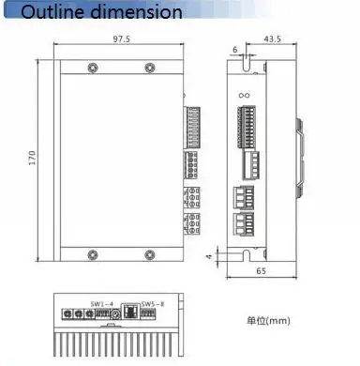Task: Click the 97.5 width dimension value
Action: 122,39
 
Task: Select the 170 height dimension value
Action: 32,158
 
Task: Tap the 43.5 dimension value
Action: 273,38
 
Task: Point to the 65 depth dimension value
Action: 262,271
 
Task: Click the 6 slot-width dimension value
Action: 235,50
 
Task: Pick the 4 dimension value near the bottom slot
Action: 209,256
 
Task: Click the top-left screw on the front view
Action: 93,68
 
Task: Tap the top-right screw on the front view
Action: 150,68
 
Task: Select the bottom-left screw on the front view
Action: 93,255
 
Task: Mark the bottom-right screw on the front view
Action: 150,255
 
